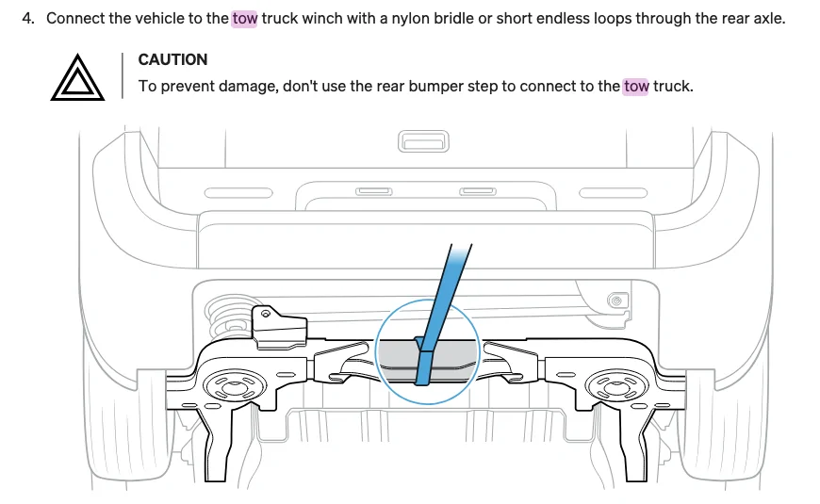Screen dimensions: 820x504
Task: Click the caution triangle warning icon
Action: pos(77,77)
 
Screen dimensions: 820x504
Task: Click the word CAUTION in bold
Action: pos(172,59)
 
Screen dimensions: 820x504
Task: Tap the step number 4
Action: pos(27,18)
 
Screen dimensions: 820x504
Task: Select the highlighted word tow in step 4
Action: pos(244,18)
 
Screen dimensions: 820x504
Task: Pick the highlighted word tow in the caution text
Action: pos(636,86)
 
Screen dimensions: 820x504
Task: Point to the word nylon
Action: pos(412,19)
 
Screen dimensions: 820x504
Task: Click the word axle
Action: pos(768,18)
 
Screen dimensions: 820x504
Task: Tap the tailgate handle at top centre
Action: pos(423,141)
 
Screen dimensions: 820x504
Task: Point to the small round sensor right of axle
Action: pos(617,301)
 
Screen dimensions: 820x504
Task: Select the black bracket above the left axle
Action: pos(279,328)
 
